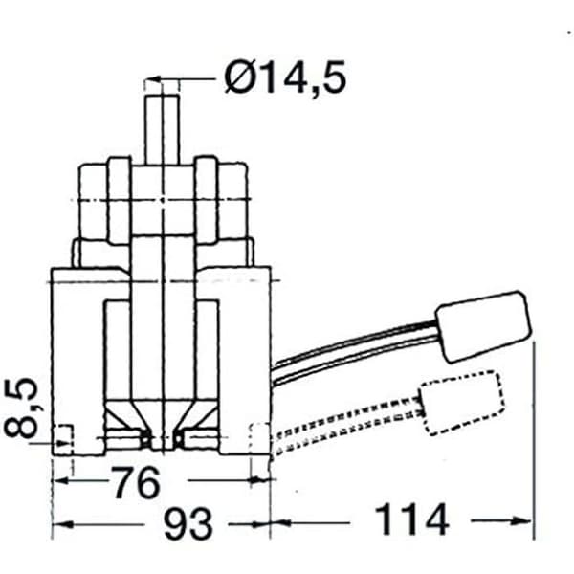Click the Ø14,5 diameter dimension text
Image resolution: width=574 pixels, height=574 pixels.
pos(285,78)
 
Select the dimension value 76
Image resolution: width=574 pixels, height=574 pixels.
pos(136,482)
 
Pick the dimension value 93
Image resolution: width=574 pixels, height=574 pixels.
pos(188,523)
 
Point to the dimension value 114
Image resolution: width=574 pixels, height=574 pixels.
pos(411,519)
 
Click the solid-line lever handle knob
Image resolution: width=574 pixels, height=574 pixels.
pos(484,326)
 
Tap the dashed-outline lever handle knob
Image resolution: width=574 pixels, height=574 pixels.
pos(462,403)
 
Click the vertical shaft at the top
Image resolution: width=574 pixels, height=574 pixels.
pos(162,129)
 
